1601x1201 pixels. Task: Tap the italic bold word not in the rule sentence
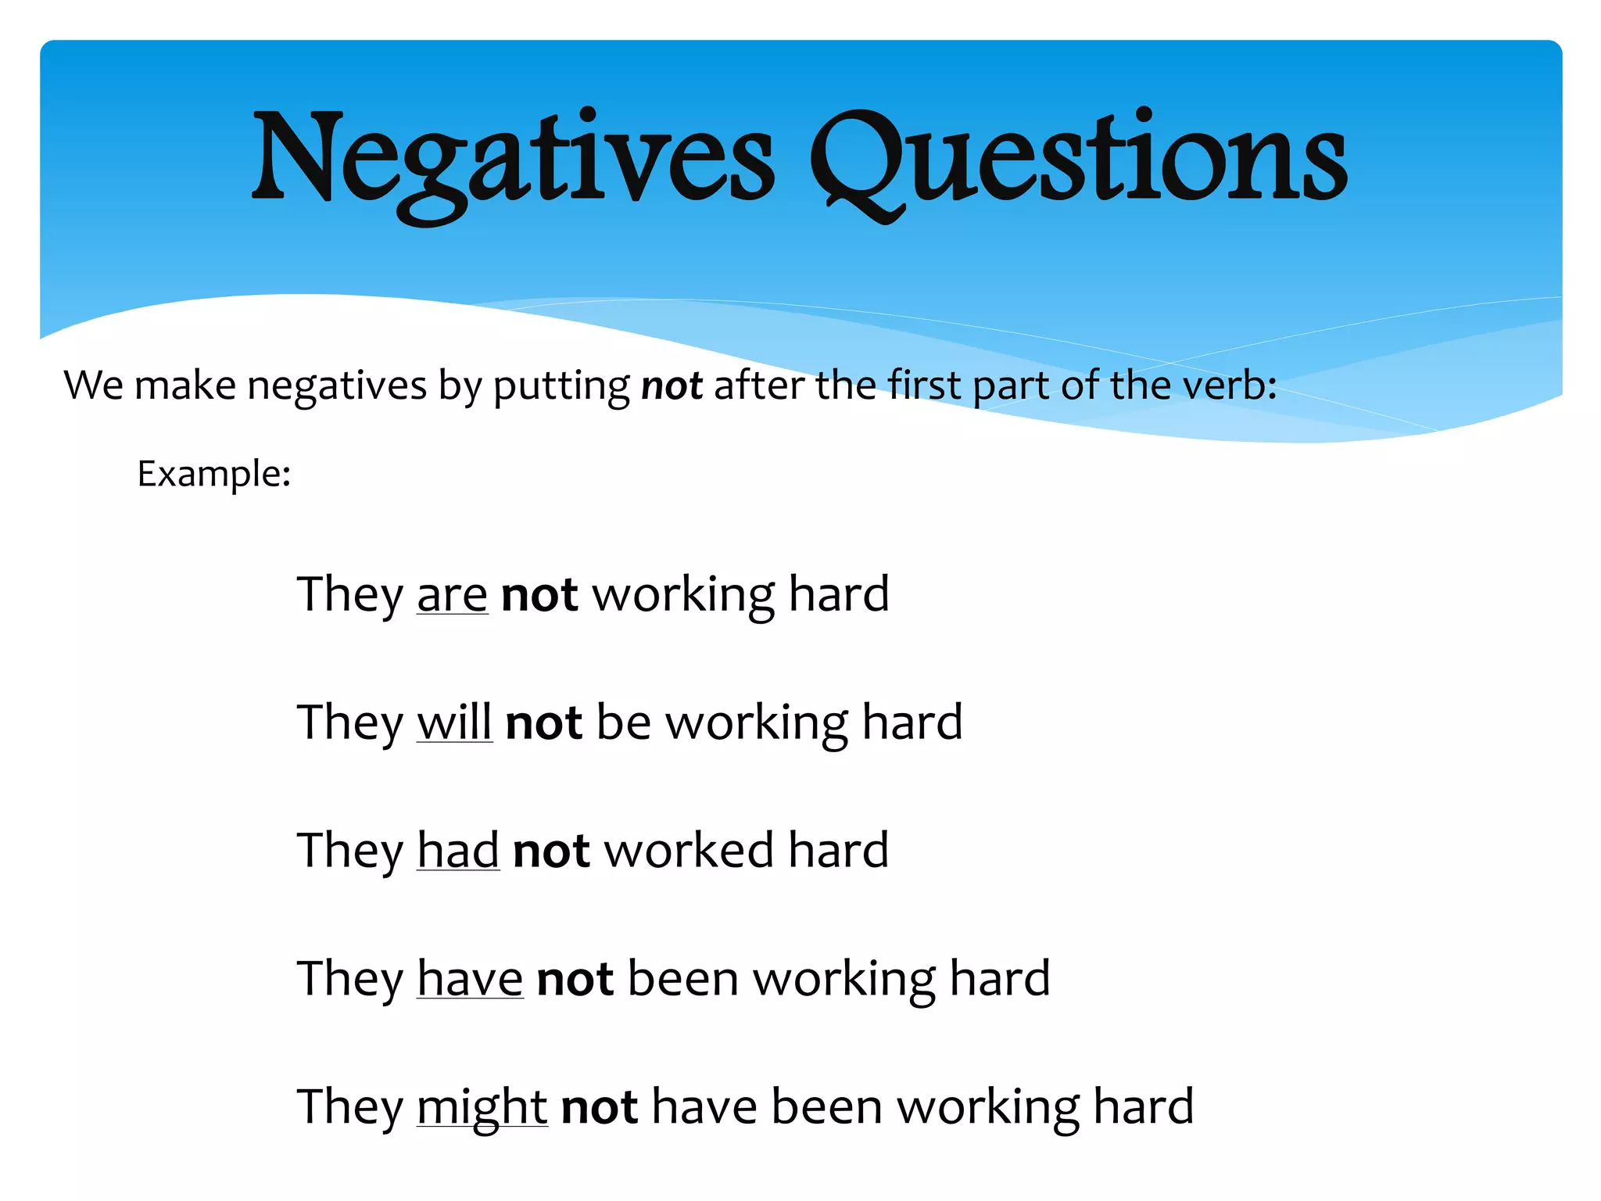coord(672,385)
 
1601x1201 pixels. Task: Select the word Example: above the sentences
coord(214,474)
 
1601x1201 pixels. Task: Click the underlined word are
coord(452,594)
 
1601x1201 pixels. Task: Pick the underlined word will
coord(454,722)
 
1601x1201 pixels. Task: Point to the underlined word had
coord(458,850)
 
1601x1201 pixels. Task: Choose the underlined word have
coord(470,979)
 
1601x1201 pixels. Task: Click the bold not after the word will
coord(544,722)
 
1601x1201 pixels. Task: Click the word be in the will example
coord(623,722)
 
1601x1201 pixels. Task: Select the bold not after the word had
coord(551,851)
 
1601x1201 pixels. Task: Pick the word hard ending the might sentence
coord(1143,1106)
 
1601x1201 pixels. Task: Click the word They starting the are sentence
coord(349,594)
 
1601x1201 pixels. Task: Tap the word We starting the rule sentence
coord(94,385)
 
